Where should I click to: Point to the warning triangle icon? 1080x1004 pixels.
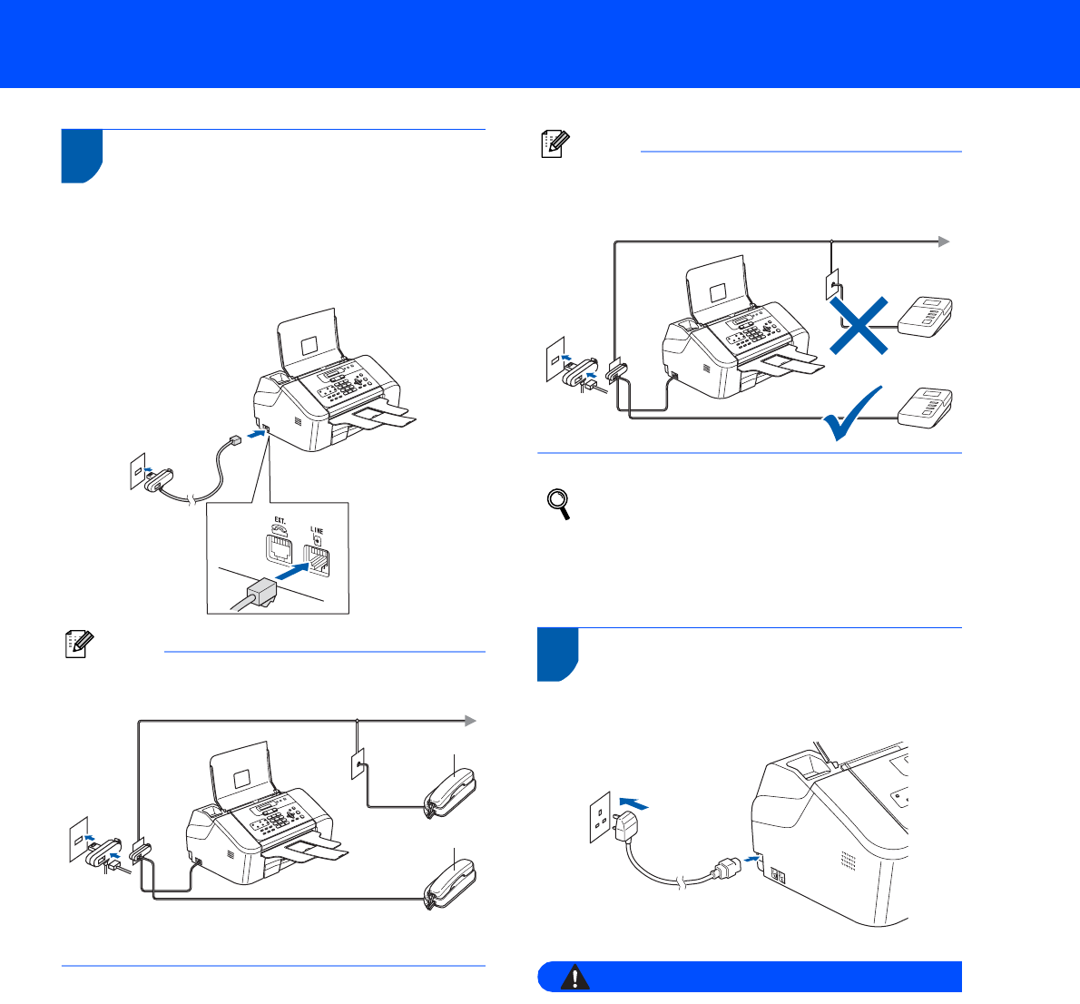pyautogui.click(x=575, y=977)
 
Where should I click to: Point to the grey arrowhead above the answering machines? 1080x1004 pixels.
pyautogui.click(x=944, y=241)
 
